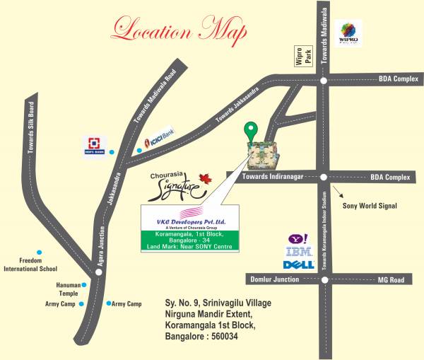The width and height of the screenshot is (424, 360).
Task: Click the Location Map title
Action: tap(179, 32)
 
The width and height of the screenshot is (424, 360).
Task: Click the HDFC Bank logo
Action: tap(94, 145)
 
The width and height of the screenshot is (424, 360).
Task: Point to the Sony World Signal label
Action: tap(370, 206)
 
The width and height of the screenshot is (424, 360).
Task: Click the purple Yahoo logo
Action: tap(293, 240)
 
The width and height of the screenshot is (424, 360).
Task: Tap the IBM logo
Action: tap(293, 252)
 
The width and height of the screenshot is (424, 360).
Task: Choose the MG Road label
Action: tap(391, 280)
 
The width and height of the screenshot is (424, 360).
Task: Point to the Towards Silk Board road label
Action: tap(30, 132)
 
